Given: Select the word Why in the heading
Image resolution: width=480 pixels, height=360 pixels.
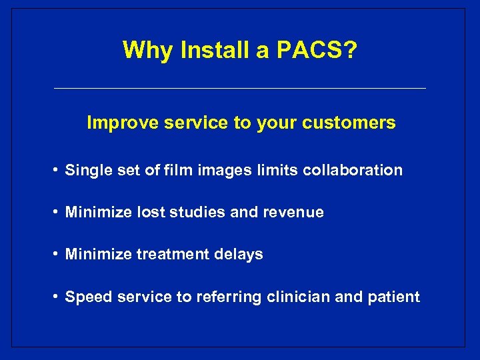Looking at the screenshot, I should pyautogui.click(x=143, y=50).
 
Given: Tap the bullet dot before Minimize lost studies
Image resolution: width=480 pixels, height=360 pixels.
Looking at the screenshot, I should pyautogui.click(x=56, y=213).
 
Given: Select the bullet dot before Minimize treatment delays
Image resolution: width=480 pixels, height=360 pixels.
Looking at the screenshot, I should pyautogui.click(x=56, y=255).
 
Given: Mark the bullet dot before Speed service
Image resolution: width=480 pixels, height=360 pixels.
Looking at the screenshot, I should pyautogui.click(x=56, y=297).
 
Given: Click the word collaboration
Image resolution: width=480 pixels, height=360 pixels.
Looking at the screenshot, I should pyautogui.click(x=353, y=171).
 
